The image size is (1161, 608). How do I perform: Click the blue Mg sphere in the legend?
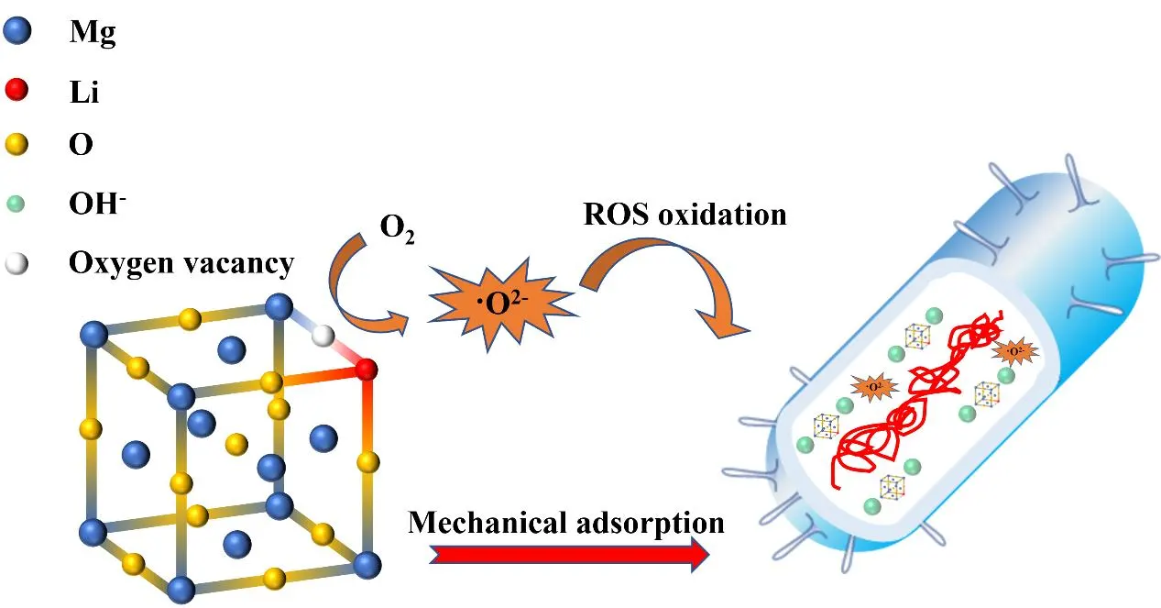[x=17, y=33]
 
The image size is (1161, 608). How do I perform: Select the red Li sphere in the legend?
[x=17, y=89]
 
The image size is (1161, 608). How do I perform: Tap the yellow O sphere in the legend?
[x=17, y=144]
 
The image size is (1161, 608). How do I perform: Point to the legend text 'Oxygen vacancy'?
[x=181, y=264]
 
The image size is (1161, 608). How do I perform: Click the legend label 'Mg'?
[x=93, y=34]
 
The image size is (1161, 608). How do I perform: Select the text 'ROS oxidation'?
[x=684, y=215]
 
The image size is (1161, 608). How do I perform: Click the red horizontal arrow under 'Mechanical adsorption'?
[x=568, y=554]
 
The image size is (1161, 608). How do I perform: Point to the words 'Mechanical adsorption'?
[x=566, y=522]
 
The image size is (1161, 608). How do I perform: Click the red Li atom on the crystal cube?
[x=366, y=369]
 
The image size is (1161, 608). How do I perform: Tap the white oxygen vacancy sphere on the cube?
[x=322, y=336]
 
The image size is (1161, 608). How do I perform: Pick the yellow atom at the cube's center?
[x=236, y=444]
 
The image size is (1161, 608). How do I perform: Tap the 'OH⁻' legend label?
[x=97, y=205]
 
